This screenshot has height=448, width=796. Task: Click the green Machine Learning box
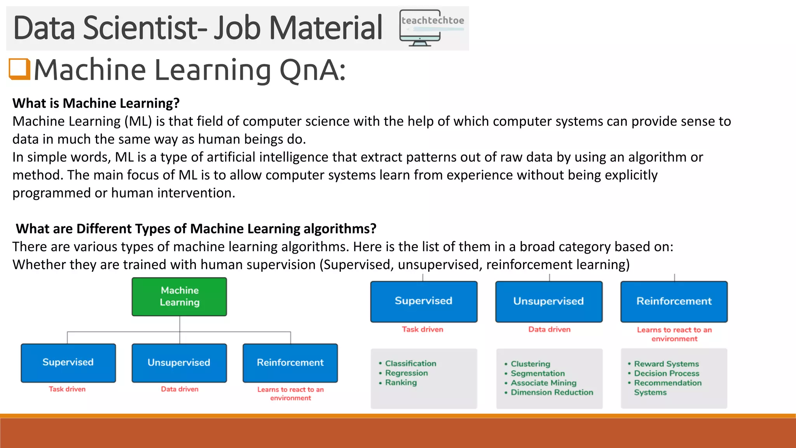(x=179, y=296)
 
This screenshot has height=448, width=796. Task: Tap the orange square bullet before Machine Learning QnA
(x=19, y=69)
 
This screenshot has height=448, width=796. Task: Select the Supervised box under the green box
(x=68, y=362)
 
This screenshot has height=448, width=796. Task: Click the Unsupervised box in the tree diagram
(x=179, y=362)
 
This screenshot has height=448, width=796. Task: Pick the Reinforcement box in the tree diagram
(x=290, y=362)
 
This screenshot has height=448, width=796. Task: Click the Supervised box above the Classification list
(x=424, y=301)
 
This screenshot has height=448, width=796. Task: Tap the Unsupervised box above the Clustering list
(x=549, y=301)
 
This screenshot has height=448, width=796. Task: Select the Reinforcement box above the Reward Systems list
(x=674, y=301)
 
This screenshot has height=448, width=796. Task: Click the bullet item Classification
(x=410, y=364)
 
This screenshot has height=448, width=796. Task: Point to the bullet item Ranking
(x=401, y=383)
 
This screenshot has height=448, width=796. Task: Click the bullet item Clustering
(x=530, y=364)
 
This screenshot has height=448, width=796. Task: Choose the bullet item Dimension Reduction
(x=552, y=392)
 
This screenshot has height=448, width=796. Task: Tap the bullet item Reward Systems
(x=666, y=364)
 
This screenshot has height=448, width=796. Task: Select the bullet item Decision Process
(x=666, y=373)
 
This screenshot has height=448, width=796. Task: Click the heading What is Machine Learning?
(x=96, y=103)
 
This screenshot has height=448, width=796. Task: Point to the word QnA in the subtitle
(x=312, y=70)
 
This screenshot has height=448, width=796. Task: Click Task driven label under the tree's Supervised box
(x=67, y=389)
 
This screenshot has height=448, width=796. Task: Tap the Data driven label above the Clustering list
(x=549, y=329)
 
